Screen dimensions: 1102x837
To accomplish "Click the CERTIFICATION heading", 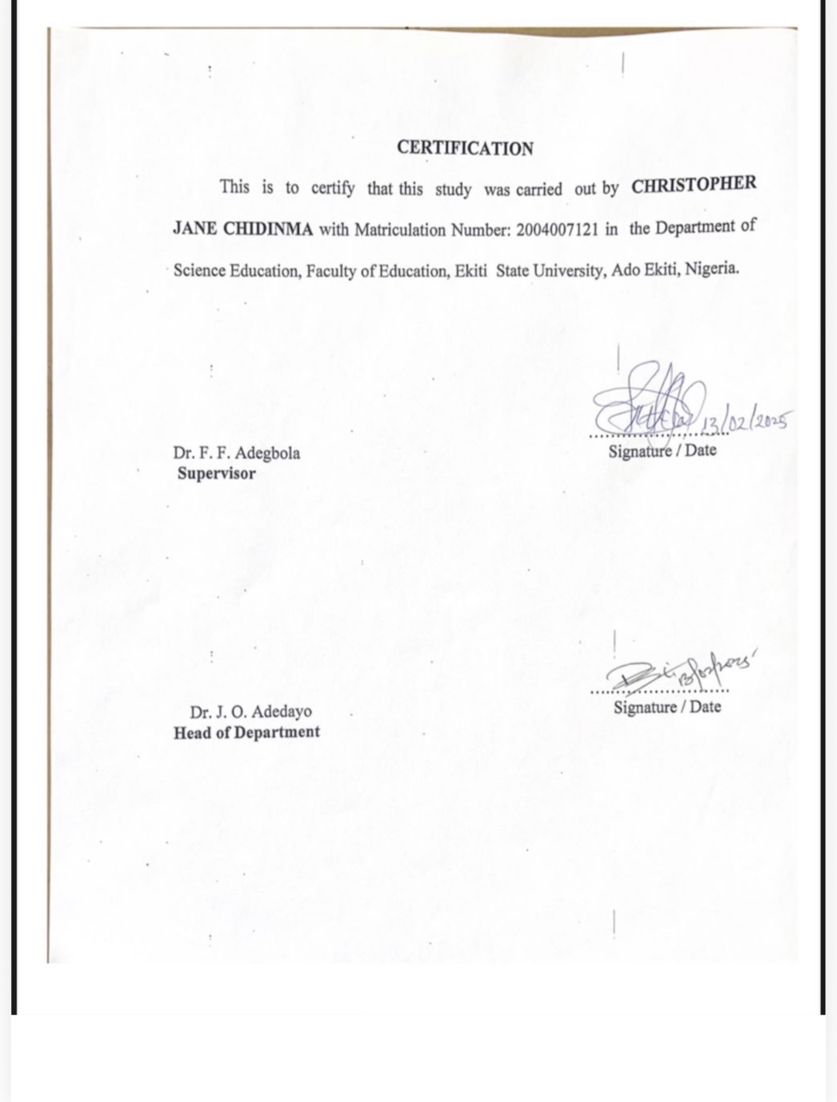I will (x=465, y=148).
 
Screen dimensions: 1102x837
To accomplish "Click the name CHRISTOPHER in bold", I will (x=694, y=185).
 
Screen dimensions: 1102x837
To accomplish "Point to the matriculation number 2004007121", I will (x=557, y=230).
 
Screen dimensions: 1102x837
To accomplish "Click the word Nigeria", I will (x=712, y=268).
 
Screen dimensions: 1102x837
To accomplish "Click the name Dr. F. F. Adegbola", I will (x=237, y=453).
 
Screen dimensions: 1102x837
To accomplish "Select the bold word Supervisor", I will (x=216, y=474).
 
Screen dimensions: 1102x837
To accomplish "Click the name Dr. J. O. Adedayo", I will (x=251, y=711).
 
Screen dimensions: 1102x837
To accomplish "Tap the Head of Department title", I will (x=246, y=732).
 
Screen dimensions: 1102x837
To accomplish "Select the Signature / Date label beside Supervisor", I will (x=662, y=451).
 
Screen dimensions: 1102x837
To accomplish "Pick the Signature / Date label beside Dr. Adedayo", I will (x=667, y=707).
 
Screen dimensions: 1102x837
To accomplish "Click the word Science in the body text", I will (x=199, y=271).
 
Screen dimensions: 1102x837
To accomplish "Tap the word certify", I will (x=333, y=189).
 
